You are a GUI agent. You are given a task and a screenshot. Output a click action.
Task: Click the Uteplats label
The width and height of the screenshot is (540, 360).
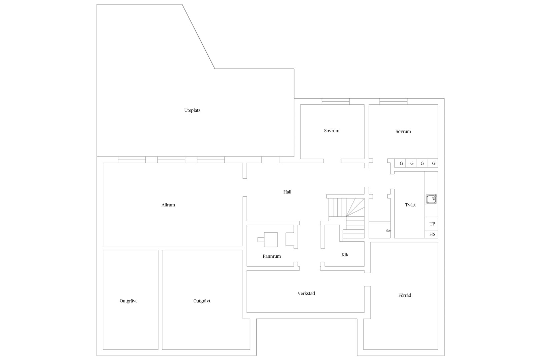pyautogui.click(x=192, y=110)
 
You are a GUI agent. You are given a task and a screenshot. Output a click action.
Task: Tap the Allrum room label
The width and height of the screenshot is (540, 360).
pyautogui.click(x=168, y=205)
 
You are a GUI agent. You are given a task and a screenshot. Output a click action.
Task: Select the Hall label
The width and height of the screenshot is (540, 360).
pyautogui.click(x=287, y=192)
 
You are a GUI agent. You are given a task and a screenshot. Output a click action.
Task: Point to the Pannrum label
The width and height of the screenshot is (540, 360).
pyautogui.click(x=272, y=256)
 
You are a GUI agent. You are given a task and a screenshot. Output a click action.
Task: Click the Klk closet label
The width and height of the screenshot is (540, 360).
pyautogui.click(x=345, y=255)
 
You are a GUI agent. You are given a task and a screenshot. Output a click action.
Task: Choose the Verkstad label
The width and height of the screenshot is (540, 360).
pyautogui.click(x=306, y=293)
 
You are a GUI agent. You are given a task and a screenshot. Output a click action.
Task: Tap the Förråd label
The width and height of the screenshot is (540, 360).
pyautogui.click(x=405, y=295)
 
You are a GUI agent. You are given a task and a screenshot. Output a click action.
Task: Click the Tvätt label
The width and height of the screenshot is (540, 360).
pyautogui.click(x=410, y=205)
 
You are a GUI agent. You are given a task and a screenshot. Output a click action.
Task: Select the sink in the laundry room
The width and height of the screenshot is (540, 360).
pyautogui.click(x=431, y=199)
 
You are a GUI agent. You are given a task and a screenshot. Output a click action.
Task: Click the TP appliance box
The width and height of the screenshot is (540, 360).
pyautogui.click(x=432, y=224)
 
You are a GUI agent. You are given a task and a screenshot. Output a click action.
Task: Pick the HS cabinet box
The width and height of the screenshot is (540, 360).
pyautogui.click(x=432, y=234)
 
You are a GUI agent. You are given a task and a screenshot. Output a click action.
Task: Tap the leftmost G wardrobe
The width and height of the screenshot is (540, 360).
pyautogui.click(x=400, y=163)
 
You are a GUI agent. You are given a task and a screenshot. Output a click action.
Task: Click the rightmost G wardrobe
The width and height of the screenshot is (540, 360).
pyautogui.click(x=433, y=163)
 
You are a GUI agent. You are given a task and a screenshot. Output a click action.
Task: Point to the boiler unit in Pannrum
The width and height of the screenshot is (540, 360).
pyautogui.click(x=271, y=239)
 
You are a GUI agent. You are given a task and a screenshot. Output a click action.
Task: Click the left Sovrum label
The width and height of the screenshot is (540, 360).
pyautogui.click(x=331, y=131)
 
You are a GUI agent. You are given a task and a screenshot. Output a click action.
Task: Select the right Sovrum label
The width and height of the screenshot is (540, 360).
pyautogui.click(x=403, y=131)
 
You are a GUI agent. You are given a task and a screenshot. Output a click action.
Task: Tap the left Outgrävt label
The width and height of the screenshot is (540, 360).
pyautogui.click(x=128, y=301)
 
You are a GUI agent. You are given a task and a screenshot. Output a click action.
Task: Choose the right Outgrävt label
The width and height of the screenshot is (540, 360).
pyautogui.click(x=202, y=301)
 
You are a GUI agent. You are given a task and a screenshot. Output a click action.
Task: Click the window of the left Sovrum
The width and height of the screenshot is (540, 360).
pyautogui.click(x=336, y=101)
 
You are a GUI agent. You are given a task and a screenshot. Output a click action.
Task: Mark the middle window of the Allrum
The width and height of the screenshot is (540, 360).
pyautogui.click(x=171, y=160)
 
